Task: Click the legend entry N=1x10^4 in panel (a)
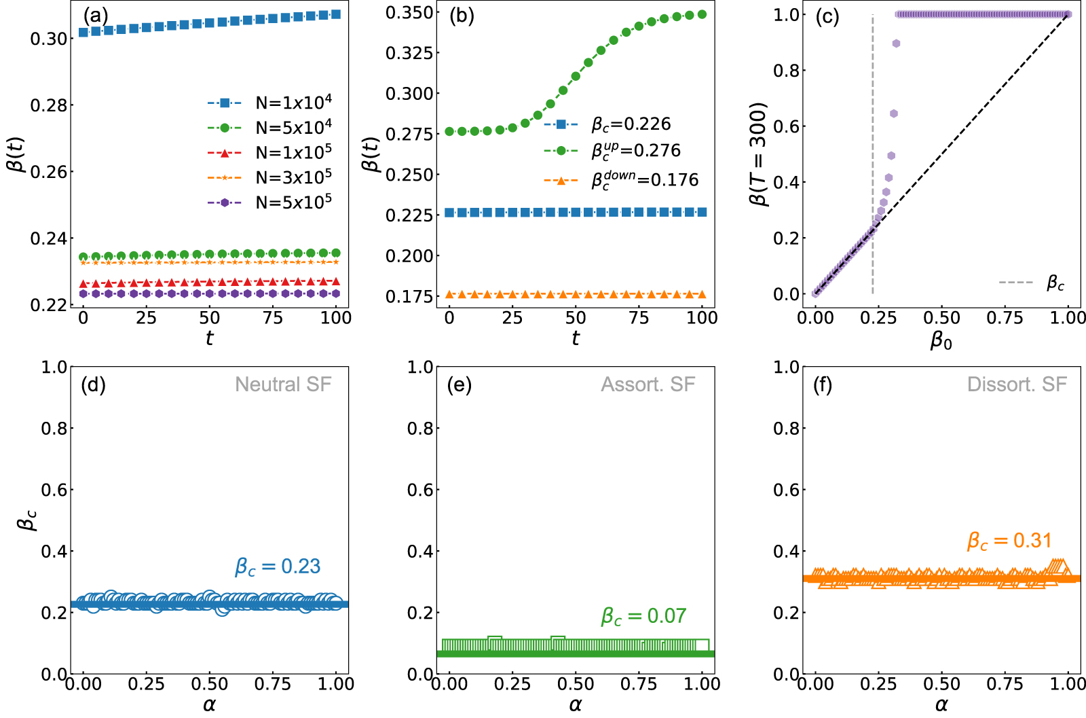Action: click(x=293, y=103)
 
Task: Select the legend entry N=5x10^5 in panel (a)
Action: click(x=293, y=202)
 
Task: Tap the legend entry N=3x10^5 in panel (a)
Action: click(x=293, y=177)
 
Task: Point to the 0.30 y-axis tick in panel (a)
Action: click(x=48, y=39)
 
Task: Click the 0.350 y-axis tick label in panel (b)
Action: click(x=409, y=13)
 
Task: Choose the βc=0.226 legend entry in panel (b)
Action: click(x=631, y=124)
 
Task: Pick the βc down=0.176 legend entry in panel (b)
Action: click(x=644, y=180)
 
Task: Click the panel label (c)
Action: click(x=827, y=16)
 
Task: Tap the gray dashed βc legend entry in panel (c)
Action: click(x=1055, y=283)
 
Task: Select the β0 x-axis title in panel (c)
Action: click(x=941, y=339)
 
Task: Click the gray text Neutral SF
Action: click(x=283, y=384)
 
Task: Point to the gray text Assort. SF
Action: click(x=648, y=384)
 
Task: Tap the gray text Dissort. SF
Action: click(x=1017, y=384)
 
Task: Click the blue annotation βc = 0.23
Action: click(x=278, y=567)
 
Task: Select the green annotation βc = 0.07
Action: click(x=643, y=616)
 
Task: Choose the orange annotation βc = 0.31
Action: click(x=1009, y=541)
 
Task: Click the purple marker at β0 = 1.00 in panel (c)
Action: click(x=1068, y=14)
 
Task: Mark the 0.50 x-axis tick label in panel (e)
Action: click(x=576, y=683)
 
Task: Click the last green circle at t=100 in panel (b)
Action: click(x=702, y=14)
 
